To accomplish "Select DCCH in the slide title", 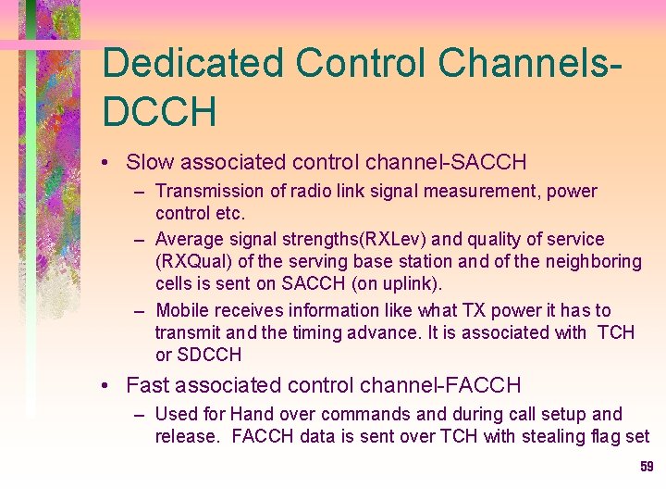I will [x=159, y=112].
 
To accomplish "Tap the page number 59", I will [x=647, y=467].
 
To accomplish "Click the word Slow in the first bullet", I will [x=150, y=163].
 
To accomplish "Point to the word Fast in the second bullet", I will [x=148, y=385].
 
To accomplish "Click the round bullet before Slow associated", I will [x=109, y=164].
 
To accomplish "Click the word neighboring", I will [x=588, y=262].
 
